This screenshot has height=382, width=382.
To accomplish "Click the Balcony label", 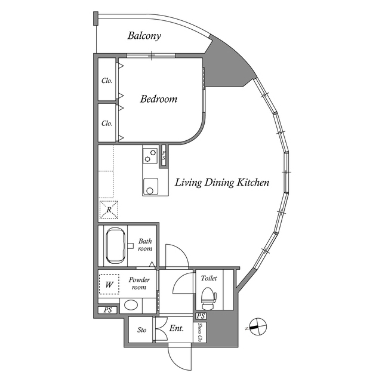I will (144, 36).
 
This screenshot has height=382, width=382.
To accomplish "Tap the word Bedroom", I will (158, 99).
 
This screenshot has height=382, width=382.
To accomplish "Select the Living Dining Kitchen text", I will (221, 183).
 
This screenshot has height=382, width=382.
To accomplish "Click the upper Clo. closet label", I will (107, 81).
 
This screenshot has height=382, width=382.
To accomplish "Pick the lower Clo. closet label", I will (107, 124).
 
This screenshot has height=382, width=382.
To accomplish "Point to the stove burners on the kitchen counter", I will (150, 156).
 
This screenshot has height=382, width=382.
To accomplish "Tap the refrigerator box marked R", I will (109, 210).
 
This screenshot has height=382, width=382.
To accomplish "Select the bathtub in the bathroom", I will (115, 245).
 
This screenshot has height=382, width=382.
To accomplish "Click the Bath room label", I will (145, 245).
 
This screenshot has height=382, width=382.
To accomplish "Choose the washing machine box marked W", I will (109, 285).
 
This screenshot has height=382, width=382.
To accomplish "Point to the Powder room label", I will (139, 283).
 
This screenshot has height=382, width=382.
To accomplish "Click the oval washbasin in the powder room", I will (131, 306).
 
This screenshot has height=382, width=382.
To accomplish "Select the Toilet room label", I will (209, 278).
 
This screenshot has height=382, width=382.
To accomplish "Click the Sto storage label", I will (142, 329).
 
